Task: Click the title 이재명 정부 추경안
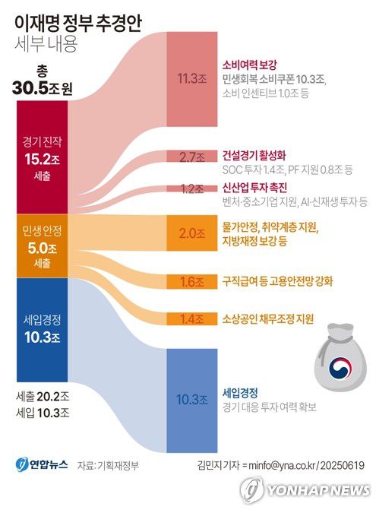pos(78,21)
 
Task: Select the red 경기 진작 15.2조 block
pos(42,157)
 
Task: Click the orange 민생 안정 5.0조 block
pos(42,245)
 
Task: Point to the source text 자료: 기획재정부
pos(107,464)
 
